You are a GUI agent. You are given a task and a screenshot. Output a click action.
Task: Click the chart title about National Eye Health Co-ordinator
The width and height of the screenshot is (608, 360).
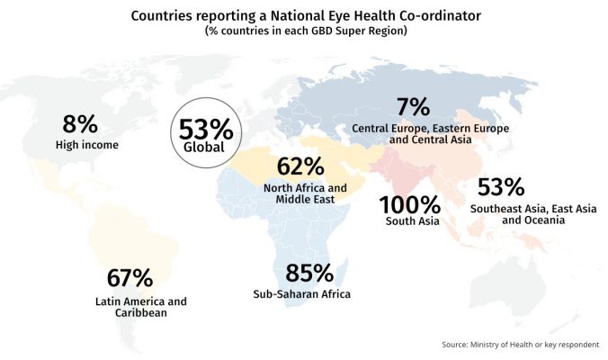(x=303, y=15)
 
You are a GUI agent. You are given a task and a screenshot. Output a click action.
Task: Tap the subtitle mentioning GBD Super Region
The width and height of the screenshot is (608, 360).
(x=303, y=31)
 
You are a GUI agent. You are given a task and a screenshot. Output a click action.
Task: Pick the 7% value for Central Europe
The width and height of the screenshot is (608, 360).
(x=414, y=108)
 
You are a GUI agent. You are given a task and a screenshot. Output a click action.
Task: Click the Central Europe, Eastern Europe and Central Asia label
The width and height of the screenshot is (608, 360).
(x=431, y=135)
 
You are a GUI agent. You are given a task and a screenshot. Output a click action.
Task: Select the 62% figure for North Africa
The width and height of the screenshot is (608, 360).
(x=300, y=166)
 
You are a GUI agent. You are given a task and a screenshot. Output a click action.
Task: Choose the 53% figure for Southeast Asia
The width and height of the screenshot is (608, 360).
(x=501, y=187)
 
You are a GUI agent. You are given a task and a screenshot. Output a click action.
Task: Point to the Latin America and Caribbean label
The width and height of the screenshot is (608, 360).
(x=140, y=308)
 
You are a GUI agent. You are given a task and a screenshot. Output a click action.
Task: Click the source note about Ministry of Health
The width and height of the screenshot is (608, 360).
(x=520, y=345)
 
